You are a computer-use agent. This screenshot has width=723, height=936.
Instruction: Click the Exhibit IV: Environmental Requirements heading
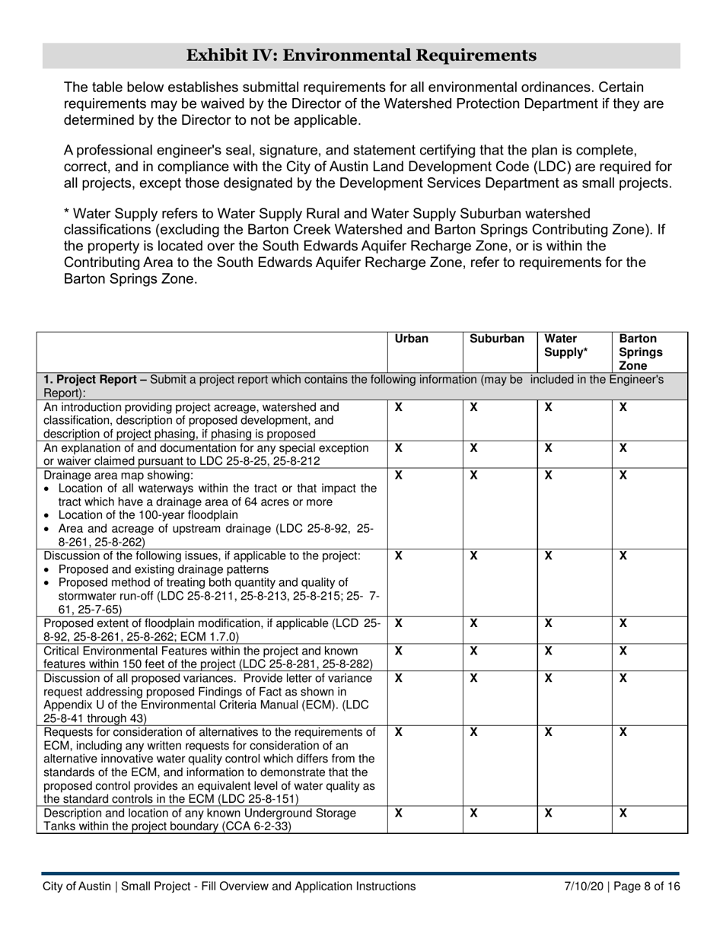point(361,55)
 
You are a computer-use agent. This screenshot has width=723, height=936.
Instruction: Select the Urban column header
point(412,339)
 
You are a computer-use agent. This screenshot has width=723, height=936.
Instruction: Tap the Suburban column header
point(497,339)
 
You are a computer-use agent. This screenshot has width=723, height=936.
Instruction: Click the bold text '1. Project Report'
point(88,379)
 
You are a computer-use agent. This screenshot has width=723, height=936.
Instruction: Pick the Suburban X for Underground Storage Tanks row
point(473,813)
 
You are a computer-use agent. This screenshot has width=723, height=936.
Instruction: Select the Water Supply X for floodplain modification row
point(548,623)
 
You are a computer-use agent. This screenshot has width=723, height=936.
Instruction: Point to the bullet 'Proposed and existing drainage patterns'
point(163,570)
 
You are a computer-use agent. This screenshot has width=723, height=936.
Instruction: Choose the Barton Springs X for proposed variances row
point(623,678)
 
